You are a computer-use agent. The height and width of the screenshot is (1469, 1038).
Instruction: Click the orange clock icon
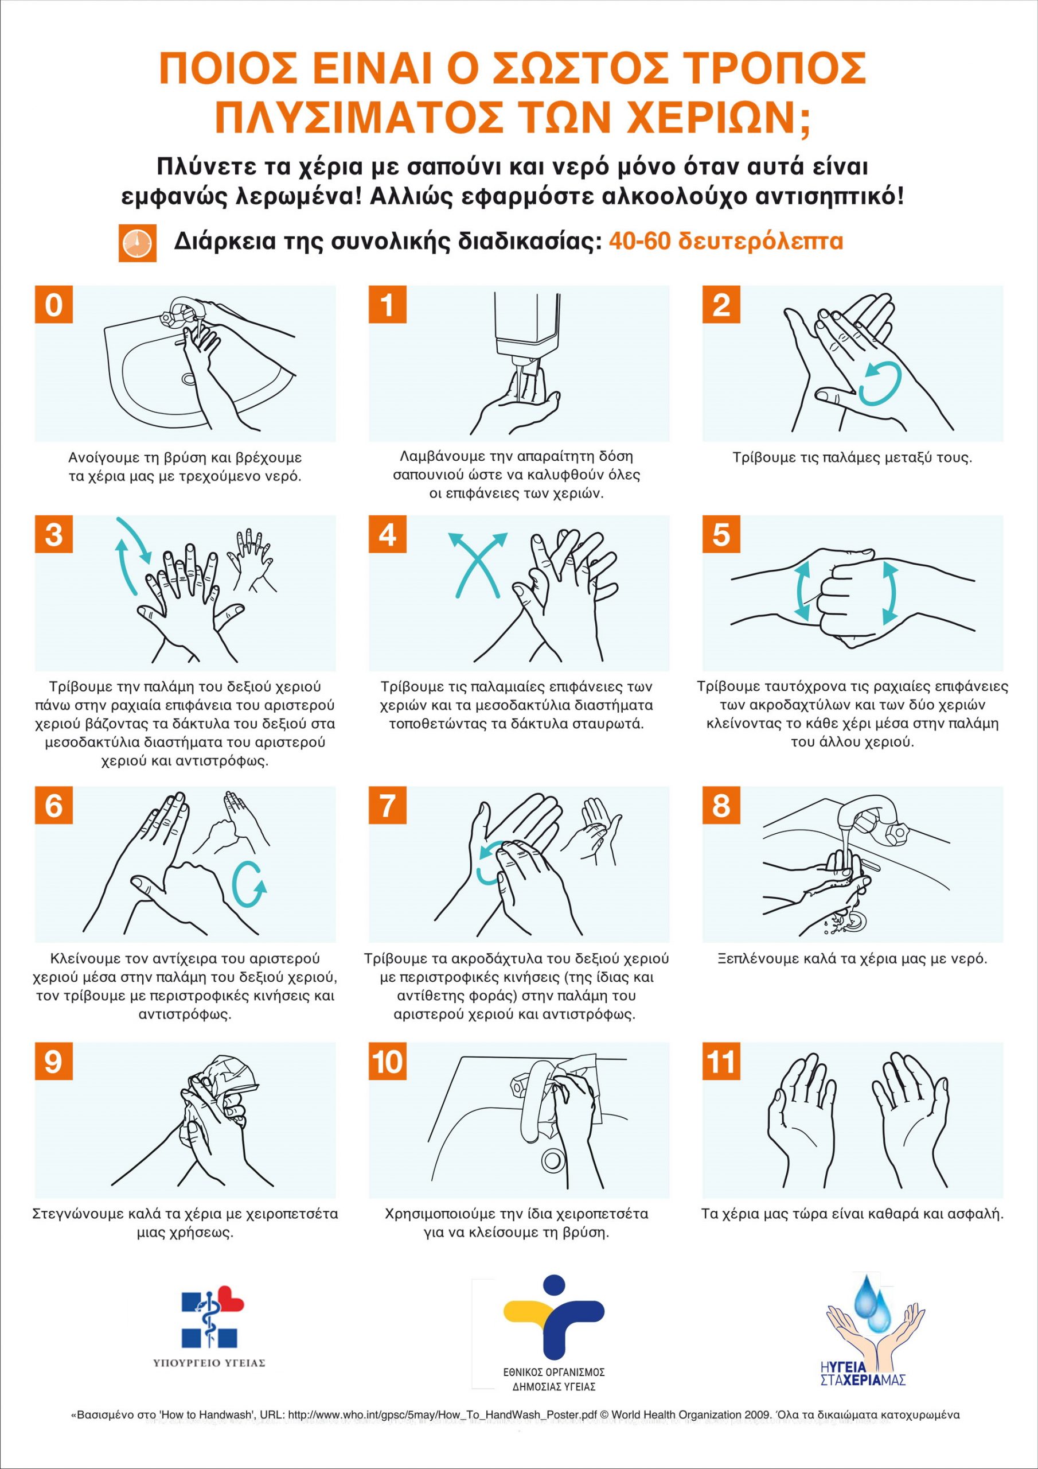coord(137,243)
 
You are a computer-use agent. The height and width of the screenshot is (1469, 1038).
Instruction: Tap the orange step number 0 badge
coord(54,304)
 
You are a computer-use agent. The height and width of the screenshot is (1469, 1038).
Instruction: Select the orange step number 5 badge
coord(721,534)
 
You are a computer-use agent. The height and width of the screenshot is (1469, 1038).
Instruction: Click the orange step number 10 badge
coord(388,1062)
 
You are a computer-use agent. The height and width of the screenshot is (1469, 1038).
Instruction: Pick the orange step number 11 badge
coord(721,1062)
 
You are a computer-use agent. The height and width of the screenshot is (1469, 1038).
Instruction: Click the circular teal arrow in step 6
coord(249,884)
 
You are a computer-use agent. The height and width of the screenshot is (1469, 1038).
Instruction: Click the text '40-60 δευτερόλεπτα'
coord(725,241)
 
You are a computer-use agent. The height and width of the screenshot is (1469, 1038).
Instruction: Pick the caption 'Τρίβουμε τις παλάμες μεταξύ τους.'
coord(852,458)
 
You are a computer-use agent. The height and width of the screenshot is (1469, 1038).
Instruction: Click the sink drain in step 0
coord(189,379)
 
